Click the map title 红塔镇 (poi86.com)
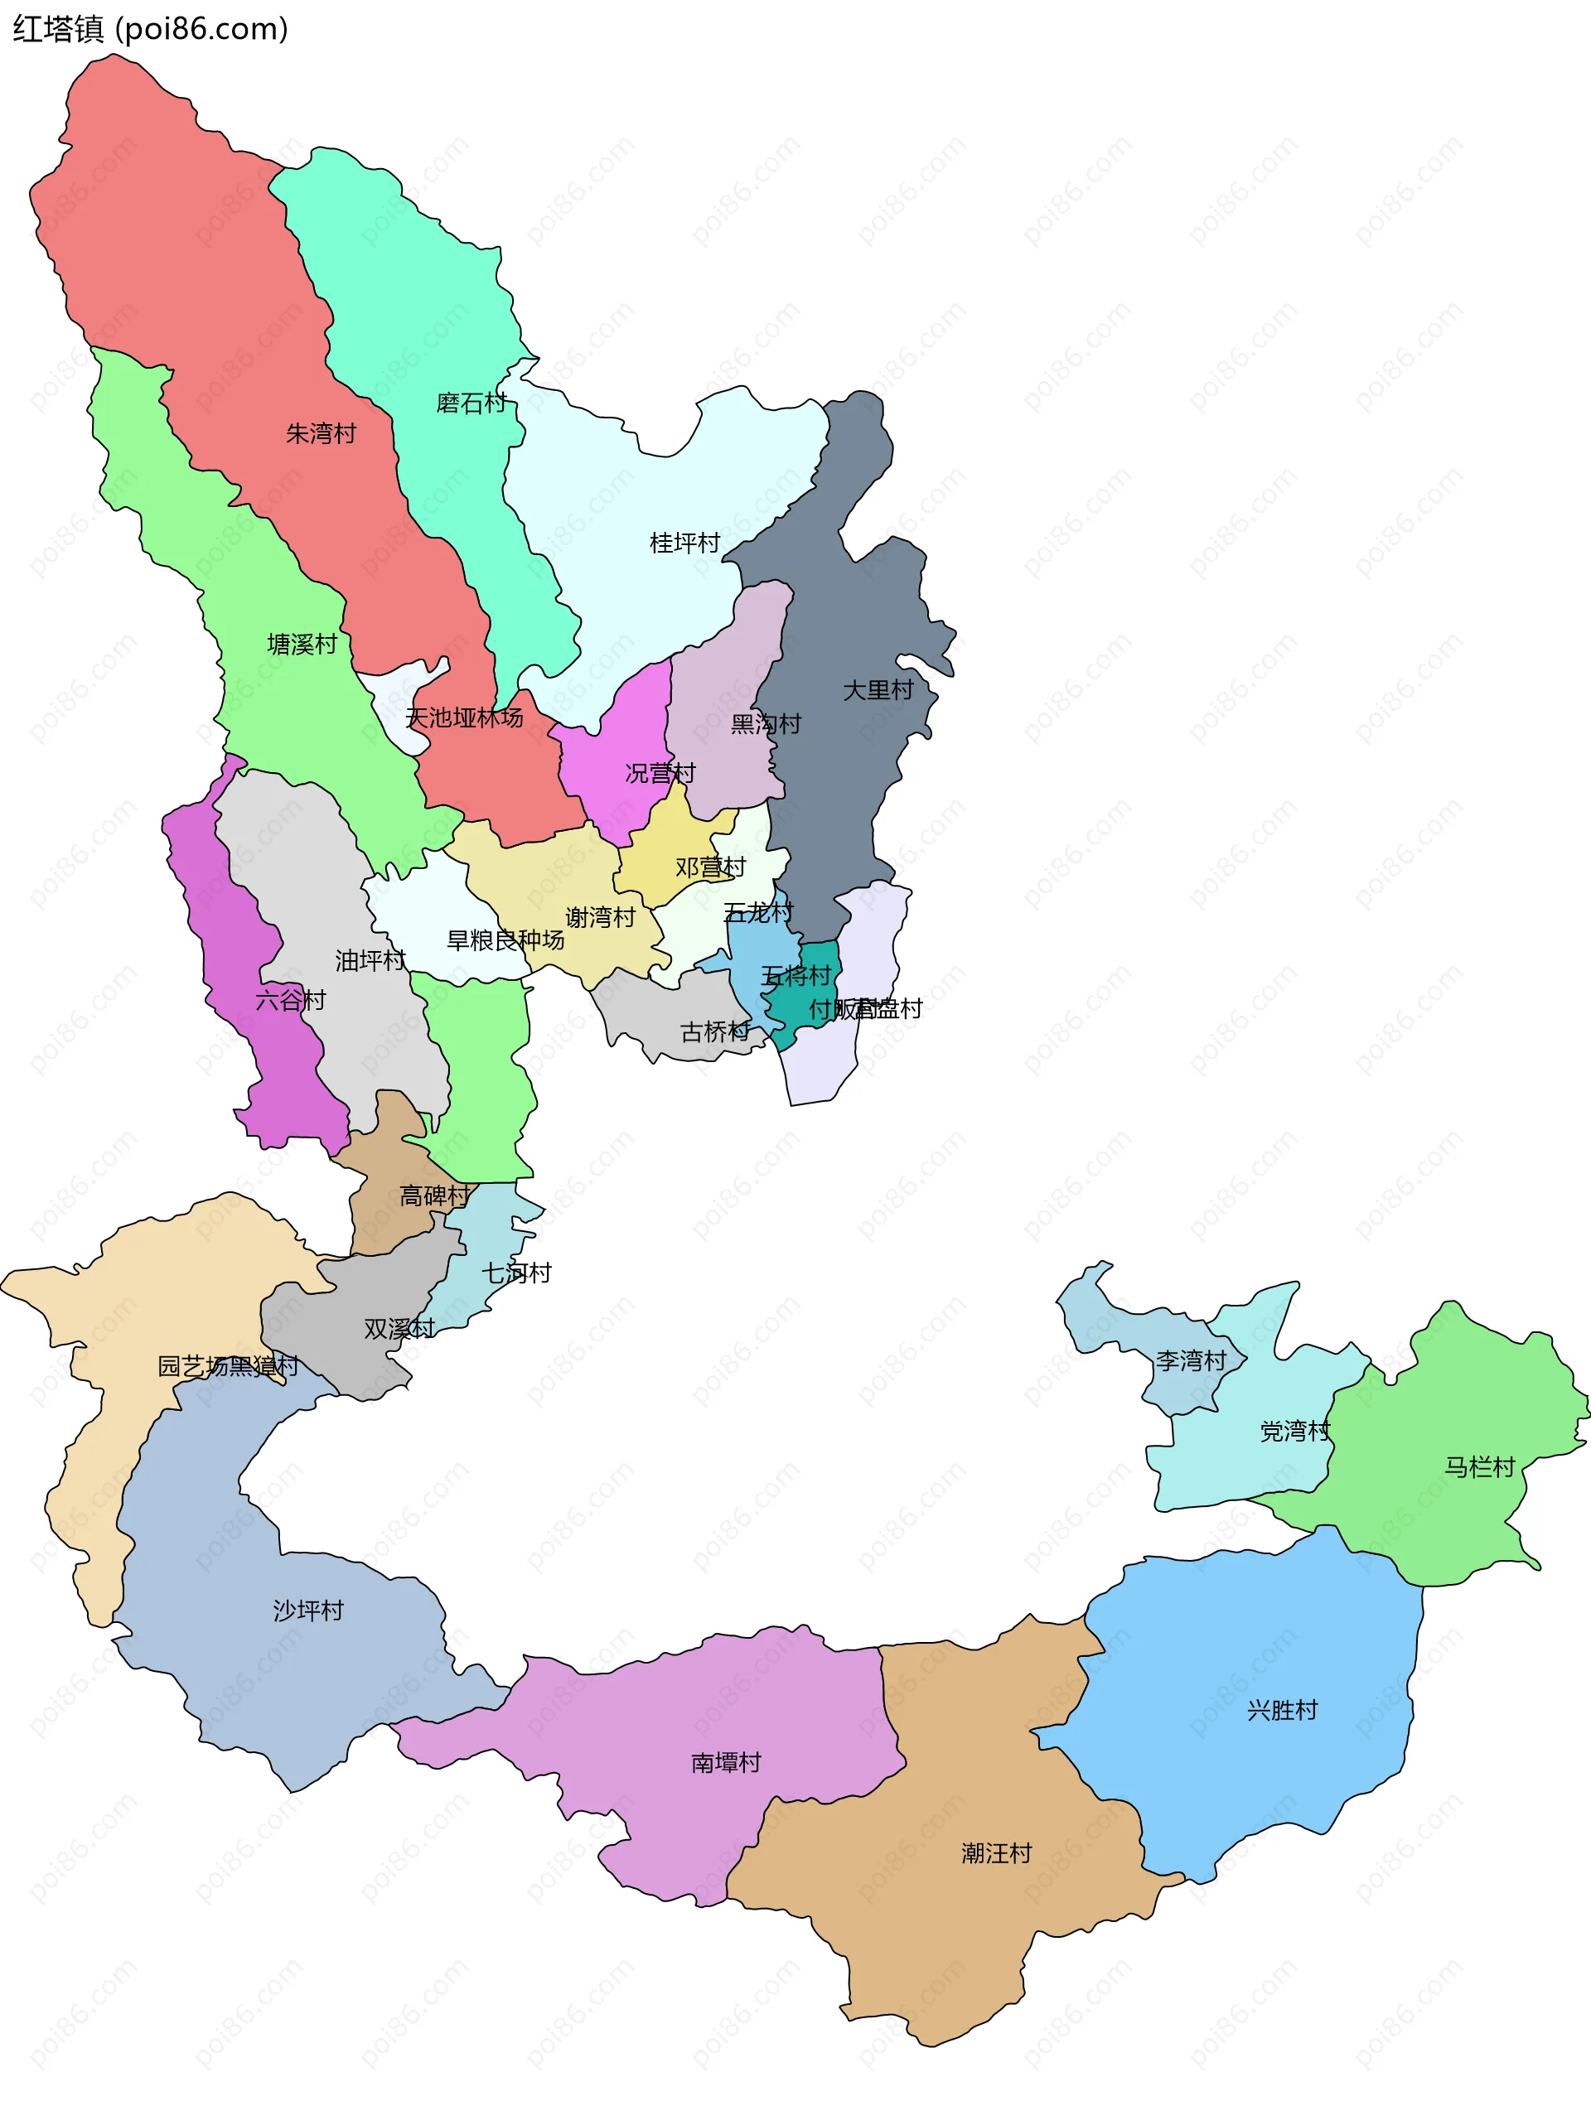click(x=150, y=30)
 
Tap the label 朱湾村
click(x=321, y=434)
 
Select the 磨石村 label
click(x=471, y=403)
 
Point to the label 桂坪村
click(x=684, y=543)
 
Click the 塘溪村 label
click(x=302, y=645)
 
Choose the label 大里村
click(x=878, y=690)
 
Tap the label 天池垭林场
click(x=465, y=718)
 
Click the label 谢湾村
click(x=600, y=917)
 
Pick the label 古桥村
click(x=715, y=1031)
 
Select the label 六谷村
click(x=291, y=1000)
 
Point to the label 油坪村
click(x=370, y=961)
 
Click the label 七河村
click(x=517, y=1273)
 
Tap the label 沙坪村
click(x=307, y=1611)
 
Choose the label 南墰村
click(x=727, y=1763)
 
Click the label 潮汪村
click(x=996, y=1853)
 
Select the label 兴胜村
click(x=1282, y=1711)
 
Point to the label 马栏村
click(x=1480, y=1467)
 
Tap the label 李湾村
click(x=1191, y=1361)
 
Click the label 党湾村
click(x=1294, y=1432)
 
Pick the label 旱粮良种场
click(x=505, y=940)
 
